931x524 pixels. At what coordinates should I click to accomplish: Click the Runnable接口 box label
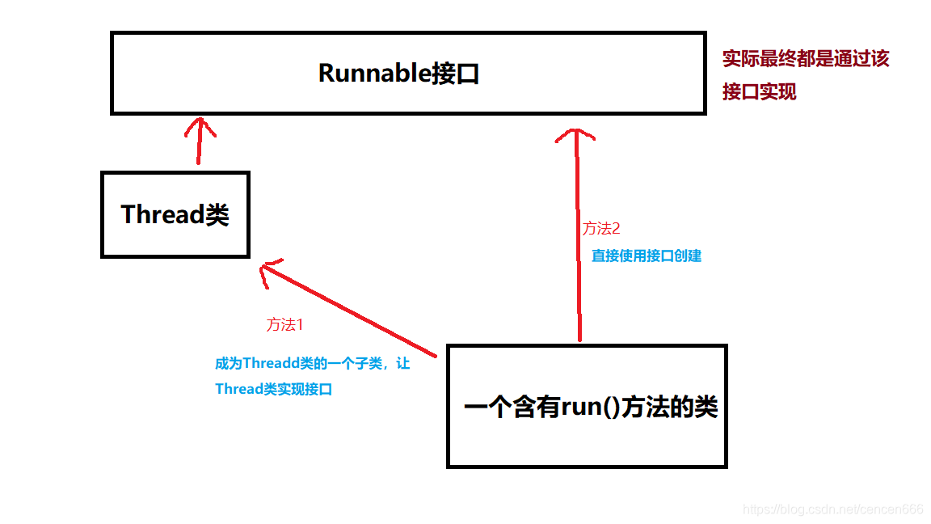click(x=399, y=74)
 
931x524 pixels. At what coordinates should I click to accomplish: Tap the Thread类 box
click(x=175, y=214)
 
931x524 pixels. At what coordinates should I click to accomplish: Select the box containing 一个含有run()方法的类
click(x=587, y=406)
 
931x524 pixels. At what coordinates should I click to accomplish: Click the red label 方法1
click(x=284, y=325)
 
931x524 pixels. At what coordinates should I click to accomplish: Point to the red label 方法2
click(x=601, y=229)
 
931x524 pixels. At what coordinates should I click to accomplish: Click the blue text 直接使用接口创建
click(x=647, y=256)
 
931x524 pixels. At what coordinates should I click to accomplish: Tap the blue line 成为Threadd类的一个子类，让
click(x=312, y=364)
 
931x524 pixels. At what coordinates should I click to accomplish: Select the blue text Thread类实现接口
click(x=274, y=389)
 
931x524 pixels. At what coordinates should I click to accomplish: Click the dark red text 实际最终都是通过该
click(x=806, y=59)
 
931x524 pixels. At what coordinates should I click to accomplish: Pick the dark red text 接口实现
click(x=760, y=92)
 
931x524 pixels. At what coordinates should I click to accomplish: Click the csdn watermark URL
click(x=832, y=509)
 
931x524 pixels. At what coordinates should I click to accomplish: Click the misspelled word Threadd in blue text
click(x=272, y=364)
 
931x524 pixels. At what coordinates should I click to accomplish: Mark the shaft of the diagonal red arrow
click(x=356, y=311)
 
